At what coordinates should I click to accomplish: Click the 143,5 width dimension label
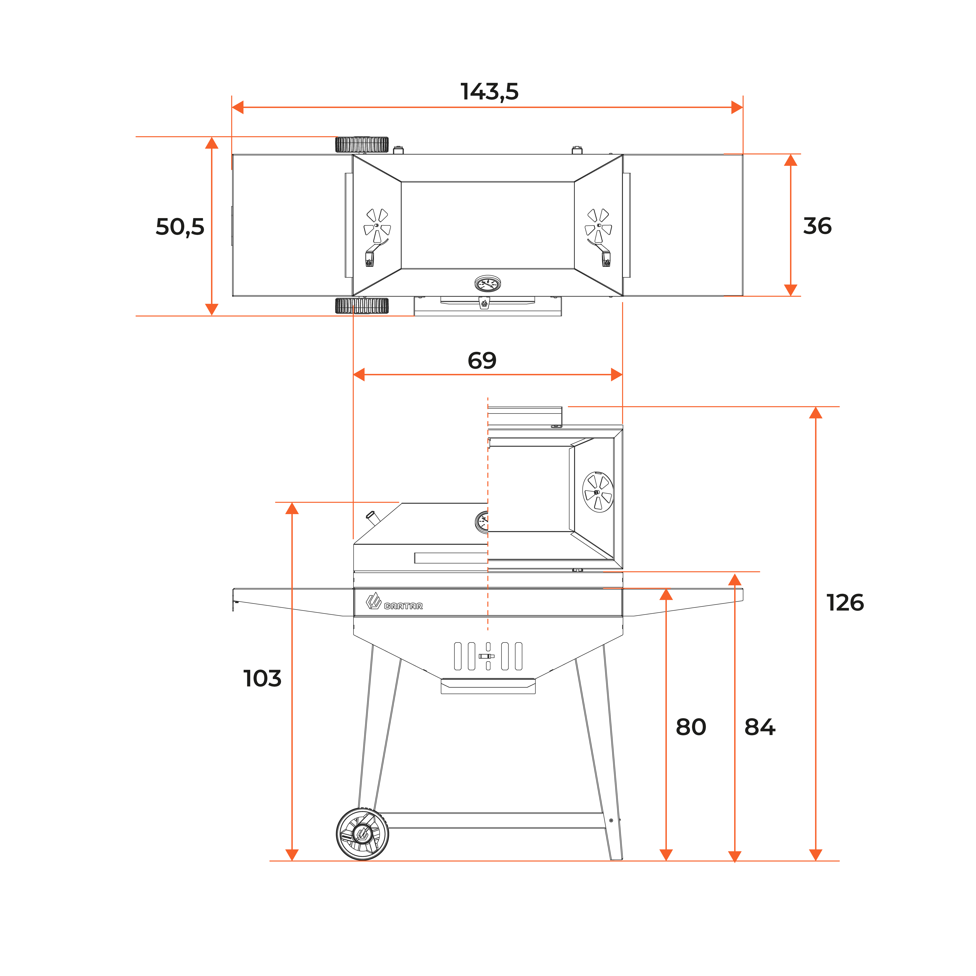tap(490, 91)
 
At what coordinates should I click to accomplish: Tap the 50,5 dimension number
tap(180, 227)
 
